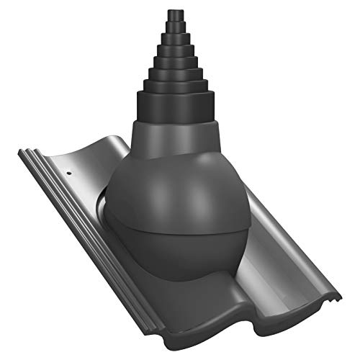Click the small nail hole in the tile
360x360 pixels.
click(68, 173)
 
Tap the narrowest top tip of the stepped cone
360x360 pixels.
click(175, 14)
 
